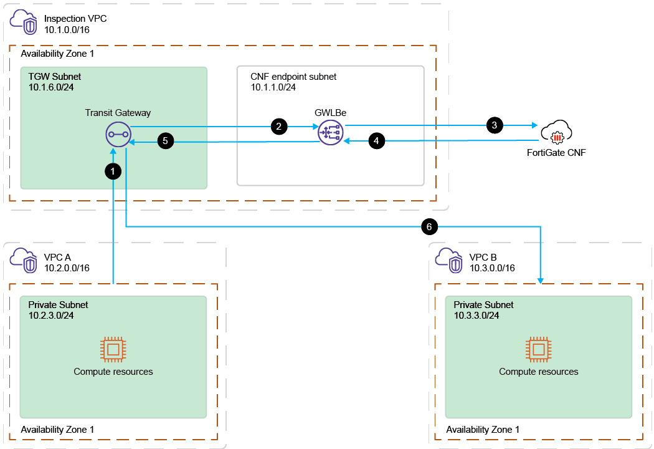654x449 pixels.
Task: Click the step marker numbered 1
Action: pos(113,170)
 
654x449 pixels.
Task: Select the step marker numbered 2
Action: pos(278,125)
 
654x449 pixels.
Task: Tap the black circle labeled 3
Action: pos(495,125)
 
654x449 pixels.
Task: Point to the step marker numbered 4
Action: pos(376,142)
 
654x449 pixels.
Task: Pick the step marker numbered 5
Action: pos(165,142)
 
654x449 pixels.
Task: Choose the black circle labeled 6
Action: pos(429,226)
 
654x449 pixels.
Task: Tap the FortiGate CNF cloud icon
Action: pos(556,133)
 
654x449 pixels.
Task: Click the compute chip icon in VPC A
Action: pos(113,349)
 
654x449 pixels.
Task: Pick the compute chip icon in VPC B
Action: pos(538,349)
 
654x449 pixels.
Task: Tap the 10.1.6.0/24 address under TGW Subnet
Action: pos(52,87)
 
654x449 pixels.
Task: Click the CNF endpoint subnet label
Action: pos(293,77)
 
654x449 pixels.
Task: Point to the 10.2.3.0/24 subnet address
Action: pos(52,316)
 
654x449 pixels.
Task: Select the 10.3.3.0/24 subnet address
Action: pos(476,316)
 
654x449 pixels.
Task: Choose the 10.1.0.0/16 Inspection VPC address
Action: pos(67,29)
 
